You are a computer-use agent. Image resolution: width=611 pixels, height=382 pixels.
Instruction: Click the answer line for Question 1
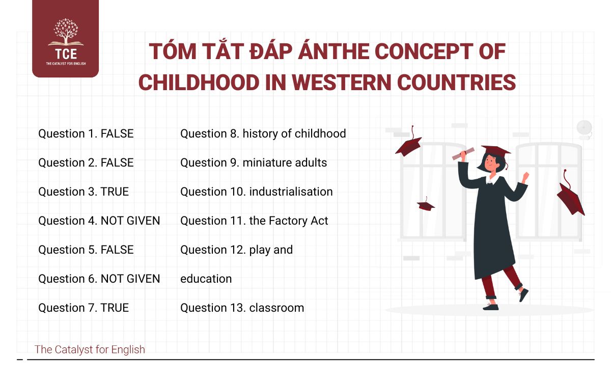point(86,133)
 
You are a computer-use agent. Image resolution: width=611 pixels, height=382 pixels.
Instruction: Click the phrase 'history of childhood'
point(294,133)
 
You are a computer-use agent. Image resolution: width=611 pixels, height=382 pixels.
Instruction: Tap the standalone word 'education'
point(206,279)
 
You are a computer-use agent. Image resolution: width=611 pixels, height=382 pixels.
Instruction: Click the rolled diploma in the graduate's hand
point(463,153)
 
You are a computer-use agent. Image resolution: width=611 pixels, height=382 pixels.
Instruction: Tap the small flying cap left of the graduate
point(426,205)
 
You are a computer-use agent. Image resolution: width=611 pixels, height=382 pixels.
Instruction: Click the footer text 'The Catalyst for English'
point(90,349)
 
